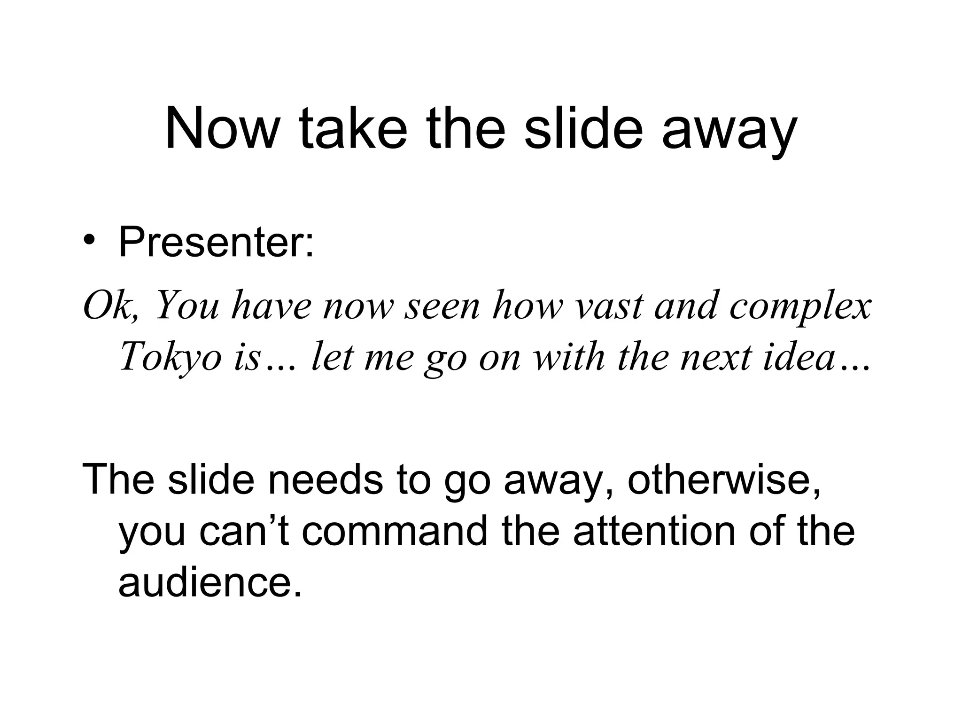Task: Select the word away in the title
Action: pos(729,132)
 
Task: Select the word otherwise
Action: pos(723,479)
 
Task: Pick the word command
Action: pos(395,531)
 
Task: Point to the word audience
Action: pos(209,583)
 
